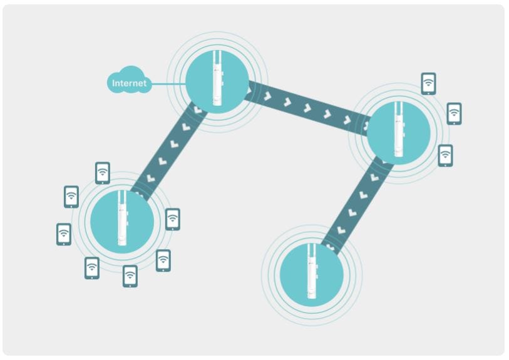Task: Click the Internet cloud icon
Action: (x=129, y=80)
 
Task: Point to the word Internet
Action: (x=129, y=83)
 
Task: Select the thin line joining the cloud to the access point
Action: (x=168, y=84)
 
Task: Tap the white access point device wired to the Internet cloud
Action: (x=217, y=78)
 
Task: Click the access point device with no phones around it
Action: (x=312, y=271)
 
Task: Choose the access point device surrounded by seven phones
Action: (x=122, y=218)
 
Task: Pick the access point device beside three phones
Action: (x=398, y=129)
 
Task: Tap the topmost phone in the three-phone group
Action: (x=428, y=84)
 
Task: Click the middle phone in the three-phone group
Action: (x=454, y=113)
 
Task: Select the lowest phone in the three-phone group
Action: (x=445, y=156)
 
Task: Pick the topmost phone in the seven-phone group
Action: (x=103, y=173)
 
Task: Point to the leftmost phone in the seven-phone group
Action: (x=64, y=234)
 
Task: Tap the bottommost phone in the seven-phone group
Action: (x=130, y=276)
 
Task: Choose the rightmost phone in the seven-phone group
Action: (x=173, y=219)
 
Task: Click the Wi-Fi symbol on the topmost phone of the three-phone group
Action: (x=428, y=81)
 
